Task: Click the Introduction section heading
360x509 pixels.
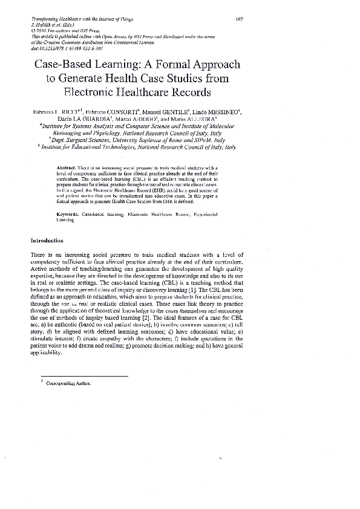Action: click(47, 241)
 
